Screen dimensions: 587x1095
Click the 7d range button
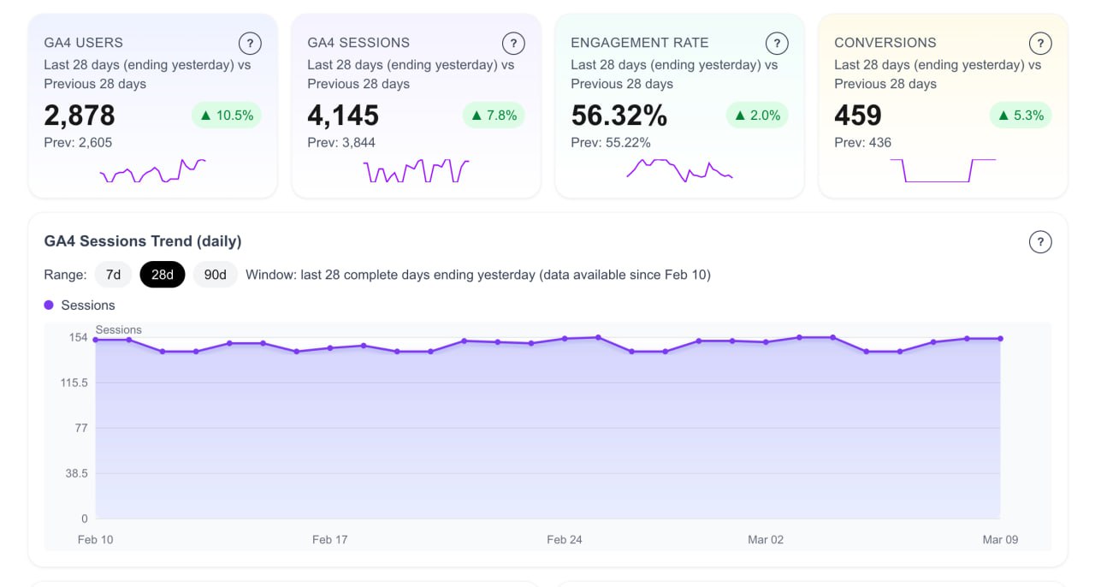tap(113, 275)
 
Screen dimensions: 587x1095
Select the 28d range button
tap(163, 275)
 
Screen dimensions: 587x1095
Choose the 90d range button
tap(215, 275)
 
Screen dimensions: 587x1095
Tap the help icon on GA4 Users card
tap(249, 43)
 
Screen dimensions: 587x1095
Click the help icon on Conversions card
tap(1039, 43)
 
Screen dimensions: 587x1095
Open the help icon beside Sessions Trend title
tap(1039, 242)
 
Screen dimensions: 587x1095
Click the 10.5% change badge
tap(226, 116)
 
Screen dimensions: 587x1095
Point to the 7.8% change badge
tap(494, 116)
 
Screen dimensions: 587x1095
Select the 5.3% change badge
tap(1021, 116)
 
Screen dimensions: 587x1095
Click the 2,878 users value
tap(80, 116)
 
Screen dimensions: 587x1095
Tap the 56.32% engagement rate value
tap(619, 116)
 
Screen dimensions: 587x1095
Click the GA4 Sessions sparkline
tap(417, 171)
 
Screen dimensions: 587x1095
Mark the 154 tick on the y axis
tap(79, 338)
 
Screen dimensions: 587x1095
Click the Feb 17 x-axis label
tap(329, 540)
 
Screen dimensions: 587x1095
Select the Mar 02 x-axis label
tap(765, 540)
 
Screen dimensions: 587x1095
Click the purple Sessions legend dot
tap(49, 305)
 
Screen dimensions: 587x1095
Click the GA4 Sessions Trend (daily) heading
tap(143, 241)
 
